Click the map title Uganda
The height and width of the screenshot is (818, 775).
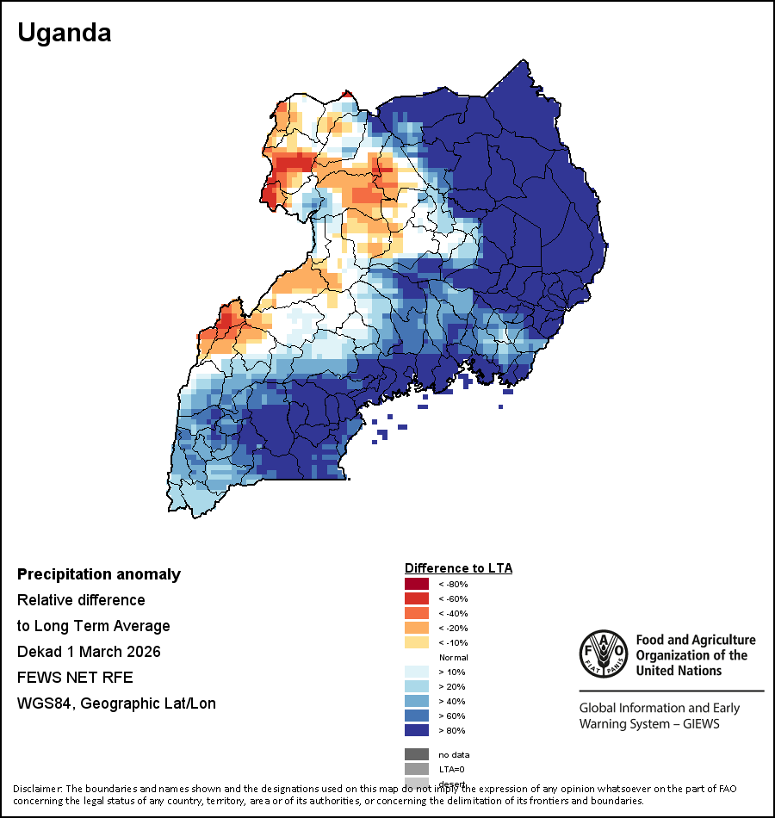(x=65, y=34)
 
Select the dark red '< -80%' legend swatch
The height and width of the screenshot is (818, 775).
(x=417, y=584)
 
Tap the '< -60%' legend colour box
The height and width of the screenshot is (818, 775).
(x=417, y=598)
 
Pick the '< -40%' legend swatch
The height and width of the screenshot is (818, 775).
(x=417, y=613)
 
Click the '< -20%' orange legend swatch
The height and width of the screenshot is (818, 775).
(x=417, y=628)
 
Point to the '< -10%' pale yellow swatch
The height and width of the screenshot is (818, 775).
(x=417, y=642)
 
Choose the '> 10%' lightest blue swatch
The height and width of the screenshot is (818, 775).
(x=417, y=672)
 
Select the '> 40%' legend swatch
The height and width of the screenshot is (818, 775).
(x=417, y=701)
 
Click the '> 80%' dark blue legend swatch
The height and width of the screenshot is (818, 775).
(x=417, y=730)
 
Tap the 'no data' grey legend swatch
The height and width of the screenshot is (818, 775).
(x=417, y=754)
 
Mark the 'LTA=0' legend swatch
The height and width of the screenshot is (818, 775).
(x=417, y=769)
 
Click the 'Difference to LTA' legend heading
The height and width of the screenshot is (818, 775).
(x=458, y=568)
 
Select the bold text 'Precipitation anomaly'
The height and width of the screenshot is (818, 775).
(x=99, y=574)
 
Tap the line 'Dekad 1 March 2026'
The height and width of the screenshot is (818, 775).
(x=101, y=652)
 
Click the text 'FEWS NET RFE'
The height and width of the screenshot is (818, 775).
(x=75, y=678)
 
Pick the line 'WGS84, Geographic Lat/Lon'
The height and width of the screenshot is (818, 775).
(x=116, y=703)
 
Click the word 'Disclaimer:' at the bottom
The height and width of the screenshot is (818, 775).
(x=37, y=789)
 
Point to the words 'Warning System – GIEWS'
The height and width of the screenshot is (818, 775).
(x=649, y=723)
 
